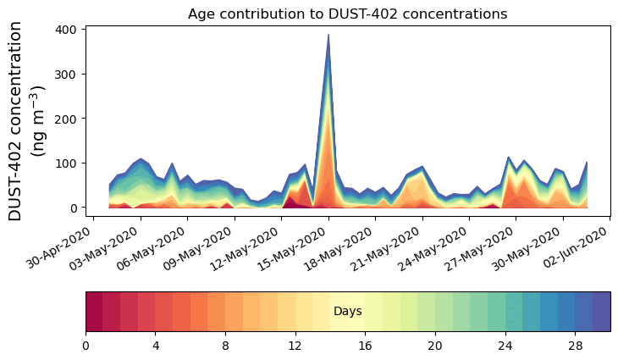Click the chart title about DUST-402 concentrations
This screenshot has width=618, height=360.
click(x=347, y=14)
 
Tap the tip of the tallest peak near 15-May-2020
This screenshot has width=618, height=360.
click(x=328, y=35)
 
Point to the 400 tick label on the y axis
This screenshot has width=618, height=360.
click(x=68, y=30)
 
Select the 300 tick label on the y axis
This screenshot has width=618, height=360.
click(x=68, y=75)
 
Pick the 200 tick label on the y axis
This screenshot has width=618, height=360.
click(x=68, y=119)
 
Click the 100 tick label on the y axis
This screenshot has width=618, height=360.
click(x=68, y=163)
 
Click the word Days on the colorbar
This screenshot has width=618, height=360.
click(x=347, y=312)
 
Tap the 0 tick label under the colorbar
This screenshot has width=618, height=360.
click(x=86, y=346)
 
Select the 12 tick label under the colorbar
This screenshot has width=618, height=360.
click(x=295, y=346)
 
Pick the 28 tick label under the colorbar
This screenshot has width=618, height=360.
click(x=575, y=346)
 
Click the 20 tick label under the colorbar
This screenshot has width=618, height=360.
click(x=435, y=346)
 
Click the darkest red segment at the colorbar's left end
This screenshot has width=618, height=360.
click(x=94, y=311)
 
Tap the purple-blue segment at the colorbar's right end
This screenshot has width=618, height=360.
click(x=601, y=311)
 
